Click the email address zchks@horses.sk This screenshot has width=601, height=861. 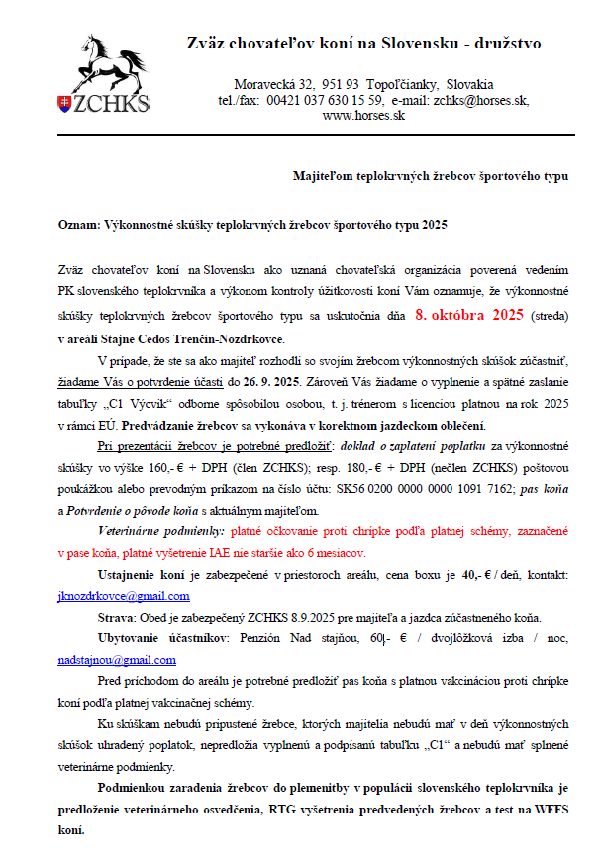point(481,100)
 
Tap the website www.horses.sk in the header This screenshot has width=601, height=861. point(364,115)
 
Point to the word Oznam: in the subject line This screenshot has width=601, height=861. point(79,225)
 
